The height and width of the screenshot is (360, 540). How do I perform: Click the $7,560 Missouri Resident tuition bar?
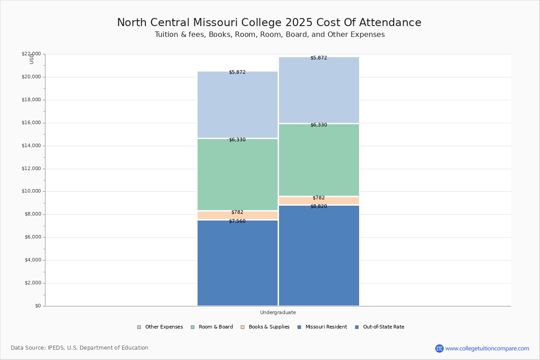pyautogui.click(x=238, y=263)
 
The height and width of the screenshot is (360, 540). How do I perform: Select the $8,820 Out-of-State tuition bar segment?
pyautogui.click(x=319, y=256)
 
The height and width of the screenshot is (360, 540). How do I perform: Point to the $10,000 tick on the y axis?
pyautogui.click(x=32, y=191)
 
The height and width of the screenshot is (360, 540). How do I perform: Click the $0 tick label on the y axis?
pyautogui.click(x=37, y=306)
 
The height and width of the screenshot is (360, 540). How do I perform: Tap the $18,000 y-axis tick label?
pyautogui.click(x=32, y=100)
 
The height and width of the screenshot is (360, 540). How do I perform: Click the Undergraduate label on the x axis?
pyautogui.click(x=278, y=312)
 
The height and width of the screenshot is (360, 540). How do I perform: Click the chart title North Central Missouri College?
pyautogui.click(x=269, y=23)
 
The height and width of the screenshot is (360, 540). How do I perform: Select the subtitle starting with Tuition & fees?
pyautogui.click(x=270, y=35)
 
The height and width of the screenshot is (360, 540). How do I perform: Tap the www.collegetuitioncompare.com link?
pyautogui.click(x=487, y=348)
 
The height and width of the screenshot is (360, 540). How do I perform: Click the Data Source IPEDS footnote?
pyautogui.click(x=80, y=348)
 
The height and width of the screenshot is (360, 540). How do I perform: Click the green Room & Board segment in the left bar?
pyautogui.click(x=238, y=175)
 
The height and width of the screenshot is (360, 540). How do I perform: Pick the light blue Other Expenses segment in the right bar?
pyautogui.click(x=319, y=90)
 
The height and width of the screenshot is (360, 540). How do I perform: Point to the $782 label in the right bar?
pyautogui.click(x=319, y=198)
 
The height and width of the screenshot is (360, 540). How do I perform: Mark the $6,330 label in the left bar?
pyautogui.click(x=237, y=140)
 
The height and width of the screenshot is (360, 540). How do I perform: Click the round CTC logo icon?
pyautogui.click(x=439, y=348)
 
